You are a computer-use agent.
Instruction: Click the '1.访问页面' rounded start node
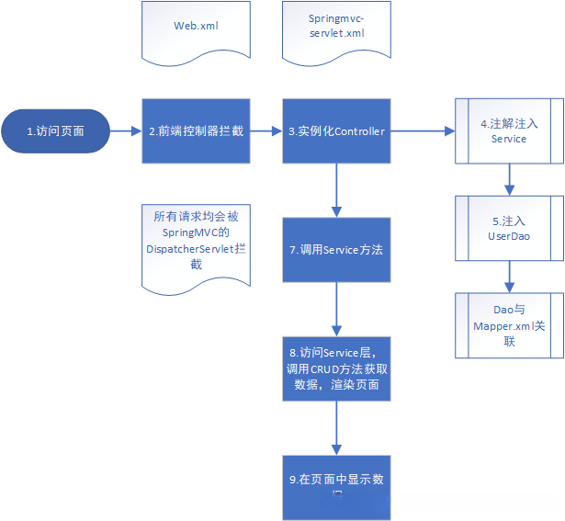55,131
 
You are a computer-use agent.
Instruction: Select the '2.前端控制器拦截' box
196,131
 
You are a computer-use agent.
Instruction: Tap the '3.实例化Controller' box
336,131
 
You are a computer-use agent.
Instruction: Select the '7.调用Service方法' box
336,249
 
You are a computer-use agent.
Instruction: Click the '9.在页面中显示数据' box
336,484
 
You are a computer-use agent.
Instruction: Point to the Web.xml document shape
196,28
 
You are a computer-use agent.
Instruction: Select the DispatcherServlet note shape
195,242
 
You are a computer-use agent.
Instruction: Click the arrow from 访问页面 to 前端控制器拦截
126,131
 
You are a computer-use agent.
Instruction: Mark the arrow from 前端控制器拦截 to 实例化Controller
266,131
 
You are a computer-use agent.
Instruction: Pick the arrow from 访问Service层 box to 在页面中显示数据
336,425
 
